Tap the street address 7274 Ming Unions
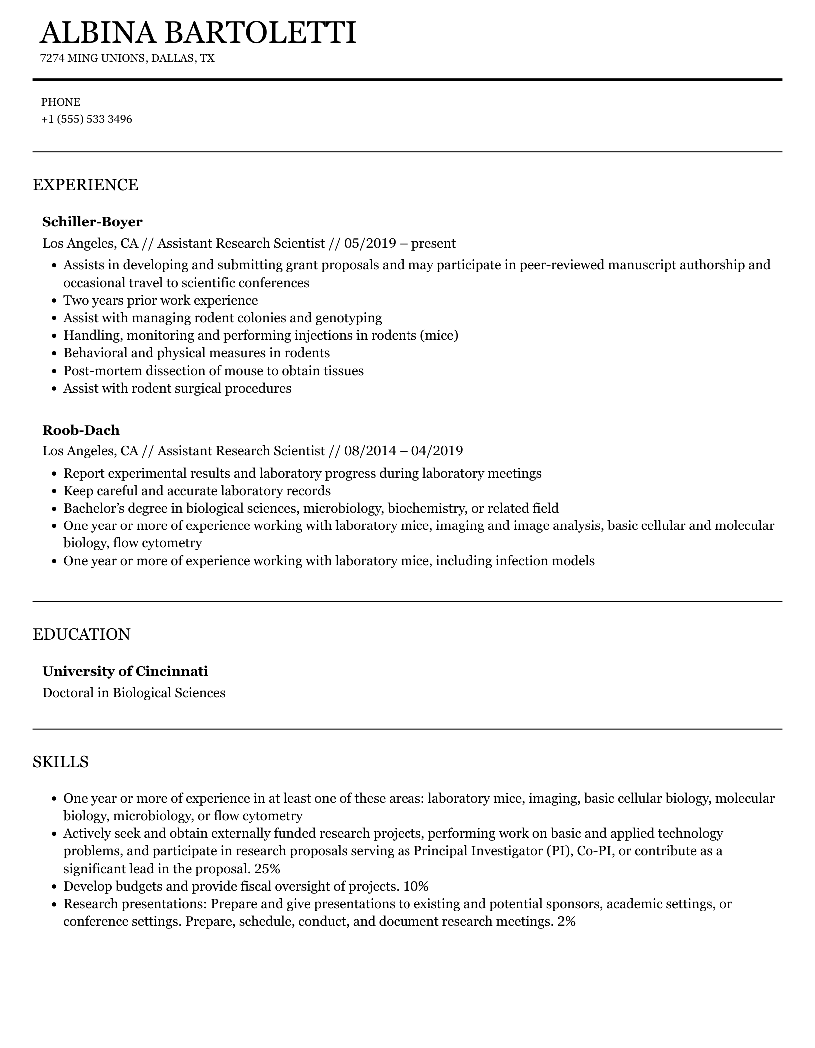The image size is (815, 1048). (92, 58)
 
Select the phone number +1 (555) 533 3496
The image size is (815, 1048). (87, 119)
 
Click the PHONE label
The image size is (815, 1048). (61, 102)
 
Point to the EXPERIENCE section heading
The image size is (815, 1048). (85, 185)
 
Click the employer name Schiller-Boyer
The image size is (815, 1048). (92, 221)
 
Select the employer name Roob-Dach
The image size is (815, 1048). (81, 430)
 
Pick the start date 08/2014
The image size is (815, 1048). (370, 451)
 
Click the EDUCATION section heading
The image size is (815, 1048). (81, 634)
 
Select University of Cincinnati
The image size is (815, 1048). (125, 671)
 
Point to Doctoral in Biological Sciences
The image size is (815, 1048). (134, 693)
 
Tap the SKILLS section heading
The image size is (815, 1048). (61, 762)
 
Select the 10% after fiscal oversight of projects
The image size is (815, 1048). (415, 886)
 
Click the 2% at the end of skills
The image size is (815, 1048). (566, 921)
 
